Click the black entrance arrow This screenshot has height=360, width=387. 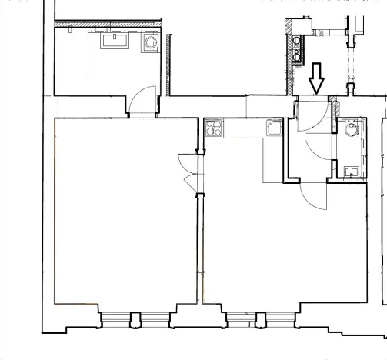[x=315, y=78]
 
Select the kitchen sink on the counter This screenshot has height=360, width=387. [x=274, y=128]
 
